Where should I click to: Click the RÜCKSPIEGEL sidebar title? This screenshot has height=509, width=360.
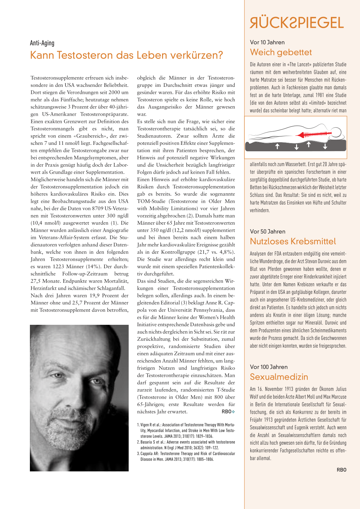297,23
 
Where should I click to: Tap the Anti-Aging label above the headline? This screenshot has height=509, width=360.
42,43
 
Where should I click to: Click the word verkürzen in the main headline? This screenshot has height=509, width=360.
195,56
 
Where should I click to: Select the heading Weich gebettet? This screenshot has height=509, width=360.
281,52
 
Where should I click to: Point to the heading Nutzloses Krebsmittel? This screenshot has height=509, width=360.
292,241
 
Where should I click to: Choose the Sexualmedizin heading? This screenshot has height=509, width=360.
279,377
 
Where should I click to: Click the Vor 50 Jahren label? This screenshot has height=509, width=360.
268,231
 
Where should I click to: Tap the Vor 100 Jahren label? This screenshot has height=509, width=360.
269,367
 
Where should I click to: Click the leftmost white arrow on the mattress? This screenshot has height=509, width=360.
277,146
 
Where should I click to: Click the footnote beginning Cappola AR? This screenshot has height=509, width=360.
186,456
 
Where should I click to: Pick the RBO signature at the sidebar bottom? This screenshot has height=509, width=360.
341,470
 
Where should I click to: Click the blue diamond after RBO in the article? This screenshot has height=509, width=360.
233,412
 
